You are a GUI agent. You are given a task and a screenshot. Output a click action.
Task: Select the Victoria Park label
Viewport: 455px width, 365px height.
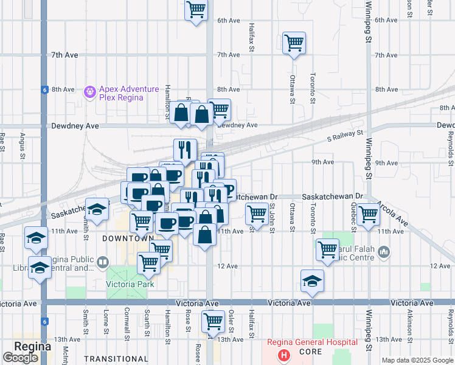coord(130,284)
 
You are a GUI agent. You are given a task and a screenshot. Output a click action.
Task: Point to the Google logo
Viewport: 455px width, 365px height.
coord(20,358)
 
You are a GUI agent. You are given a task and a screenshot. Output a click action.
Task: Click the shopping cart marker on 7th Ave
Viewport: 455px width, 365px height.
coord(294,43)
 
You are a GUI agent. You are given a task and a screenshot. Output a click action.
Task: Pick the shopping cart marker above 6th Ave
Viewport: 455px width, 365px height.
coord(196,10)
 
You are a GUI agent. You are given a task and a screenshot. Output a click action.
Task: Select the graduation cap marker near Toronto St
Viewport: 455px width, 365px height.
coord(313,281)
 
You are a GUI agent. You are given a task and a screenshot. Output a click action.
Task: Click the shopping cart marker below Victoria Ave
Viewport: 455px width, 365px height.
coord(213,321)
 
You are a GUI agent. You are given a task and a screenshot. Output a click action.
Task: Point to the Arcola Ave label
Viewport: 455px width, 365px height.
coord(392,212)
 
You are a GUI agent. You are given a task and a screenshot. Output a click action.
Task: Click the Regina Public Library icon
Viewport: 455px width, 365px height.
coord(102,263)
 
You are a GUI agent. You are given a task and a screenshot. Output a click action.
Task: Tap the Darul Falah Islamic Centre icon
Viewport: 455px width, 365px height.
coord(383,251)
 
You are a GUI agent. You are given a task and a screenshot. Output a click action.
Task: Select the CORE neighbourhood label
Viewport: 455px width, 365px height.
coord(310,352)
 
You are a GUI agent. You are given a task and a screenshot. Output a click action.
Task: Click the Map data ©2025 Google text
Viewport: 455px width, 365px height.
coord(417,360)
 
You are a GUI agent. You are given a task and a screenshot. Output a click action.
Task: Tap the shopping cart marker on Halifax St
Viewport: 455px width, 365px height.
coord(257,214)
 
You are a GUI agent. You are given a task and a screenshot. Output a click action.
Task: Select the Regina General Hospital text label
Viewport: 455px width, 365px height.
coord(311,342)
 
